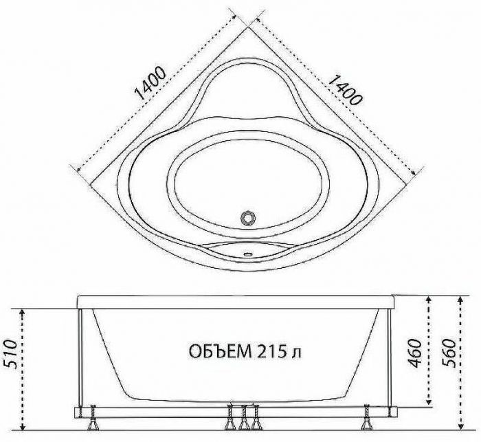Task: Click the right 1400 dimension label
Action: point(344,89)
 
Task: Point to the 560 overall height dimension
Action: point(449,353)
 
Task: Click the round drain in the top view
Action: point(247,218)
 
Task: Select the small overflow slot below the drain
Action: point(248,254)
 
